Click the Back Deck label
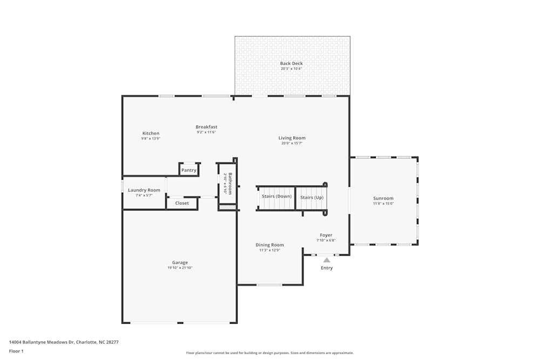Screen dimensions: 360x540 (291, 64)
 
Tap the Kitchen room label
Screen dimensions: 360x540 (151, 133)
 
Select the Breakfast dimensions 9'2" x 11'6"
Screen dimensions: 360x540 (206, 132)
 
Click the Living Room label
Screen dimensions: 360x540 (292, 138)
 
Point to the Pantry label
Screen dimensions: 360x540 (189, 171)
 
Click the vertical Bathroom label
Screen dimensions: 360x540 (230, 183)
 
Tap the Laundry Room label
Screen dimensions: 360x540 (144, 190)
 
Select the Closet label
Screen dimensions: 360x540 (182, 203)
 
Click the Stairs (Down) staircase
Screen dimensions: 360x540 (276, 197)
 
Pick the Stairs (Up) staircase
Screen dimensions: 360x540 (312, 198)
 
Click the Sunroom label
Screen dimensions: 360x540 (383, 199)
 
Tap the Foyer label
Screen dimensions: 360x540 (326, 235)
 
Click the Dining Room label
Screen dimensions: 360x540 (269, 245)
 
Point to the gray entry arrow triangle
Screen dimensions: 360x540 (327, 260)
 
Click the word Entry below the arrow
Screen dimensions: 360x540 (327, 268)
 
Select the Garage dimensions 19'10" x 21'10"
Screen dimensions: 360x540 (180, 268)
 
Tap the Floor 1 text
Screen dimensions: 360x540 (16, 351)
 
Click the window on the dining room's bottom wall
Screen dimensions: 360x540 (269, 284)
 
